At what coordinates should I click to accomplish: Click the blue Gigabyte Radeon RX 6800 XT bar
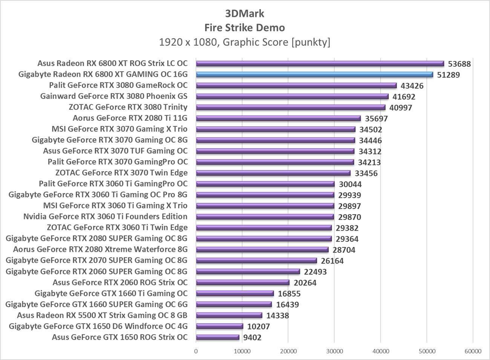point(315,75)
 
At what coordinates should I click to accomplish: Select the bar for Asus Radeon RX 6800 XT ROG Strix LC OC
point(320,64)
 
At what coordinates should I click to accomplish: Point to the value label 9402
point(252,338)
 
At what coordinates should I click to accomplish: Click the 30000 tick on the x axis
point(334,351)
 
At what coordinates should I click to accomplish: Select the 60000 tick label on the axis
point(473,351)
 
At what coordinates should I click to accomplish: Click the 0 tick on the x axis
point(196,351)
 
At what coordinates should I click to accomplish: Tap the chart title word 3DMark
point(245,14)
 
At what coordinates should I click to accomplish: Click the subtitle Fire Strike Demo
point(245,28)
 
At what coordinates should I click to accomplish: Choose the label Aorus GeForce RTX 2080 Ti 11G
point(130,118)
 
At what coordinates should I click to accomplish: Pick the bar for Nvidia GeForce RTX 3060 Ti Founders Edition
point(265,217)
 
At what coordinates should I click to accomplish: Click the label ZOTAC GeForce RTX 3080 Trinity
point(128,107)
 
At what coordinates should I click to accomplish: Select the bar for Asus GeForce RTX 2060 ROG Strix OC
point(243,283)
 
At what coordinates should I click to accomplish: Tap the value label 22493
point(315,272)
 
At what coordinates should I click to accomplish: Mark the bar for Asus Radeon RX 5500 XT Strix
point(229,316)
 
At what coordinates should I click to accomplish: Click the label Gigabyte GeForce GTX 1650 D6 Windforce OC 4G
point(98,326)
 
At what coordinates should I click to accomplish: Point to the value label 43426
point(412,86)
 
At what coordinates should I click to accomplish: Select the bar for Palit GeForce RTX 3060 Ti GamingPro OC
point(265,184)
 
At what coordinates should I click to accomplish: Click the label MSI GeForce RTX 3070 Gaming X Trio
point(119,129)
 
